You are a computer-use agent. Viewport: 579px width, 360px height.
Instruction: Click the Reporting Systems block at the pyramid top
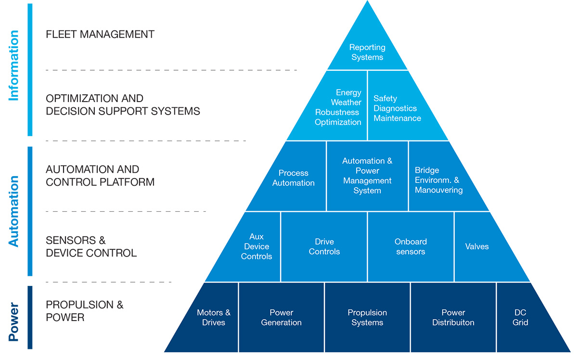[367, 52]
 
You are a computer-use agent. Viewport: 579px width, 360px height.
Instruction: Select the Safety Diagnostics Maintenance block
[397, 108]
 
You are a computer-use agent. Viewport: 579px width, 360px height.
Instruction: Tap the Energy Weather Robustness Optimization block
[338, 107]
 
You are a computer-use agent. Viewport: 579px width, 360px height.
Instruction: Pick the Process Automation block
[293, 178]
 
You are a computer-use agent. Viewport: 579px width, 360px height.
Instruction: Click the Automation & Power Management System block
[367, 176]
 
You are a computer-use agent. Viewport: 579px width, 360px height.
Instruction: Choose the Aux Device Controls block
[257, 246]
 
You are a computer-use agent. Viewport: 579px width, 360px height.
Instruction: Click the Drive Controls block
[324, 246]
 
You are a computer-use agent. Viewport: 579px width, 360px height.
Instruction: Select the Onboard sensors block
[411, 246]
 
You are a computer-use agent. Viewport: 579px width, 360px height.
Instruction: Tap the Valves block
[476, 246]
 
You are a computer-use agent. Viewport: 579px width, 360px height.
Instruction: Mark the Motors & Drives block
[214, 318]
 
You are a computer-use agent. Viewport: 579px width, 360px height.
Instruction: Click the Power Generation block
[282, 318]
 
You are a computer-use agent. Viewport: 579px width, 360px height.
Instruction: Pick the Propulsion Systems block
[367, 318]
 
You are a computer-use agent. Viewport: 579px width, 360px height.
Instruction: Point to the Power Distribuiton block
[453, 318]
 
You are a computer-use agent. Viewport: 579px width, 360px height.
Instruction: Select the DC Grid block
[520, 318]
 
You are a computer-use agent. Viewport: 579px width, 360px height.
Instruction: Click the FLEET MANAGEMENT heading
[100, 35]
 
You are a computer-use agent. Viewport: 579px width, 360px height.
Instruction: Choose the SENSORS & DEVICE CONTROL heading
[91, 246]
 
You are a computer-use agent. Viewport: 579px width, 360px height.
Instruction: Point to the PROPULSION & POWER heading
[85, 311]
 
